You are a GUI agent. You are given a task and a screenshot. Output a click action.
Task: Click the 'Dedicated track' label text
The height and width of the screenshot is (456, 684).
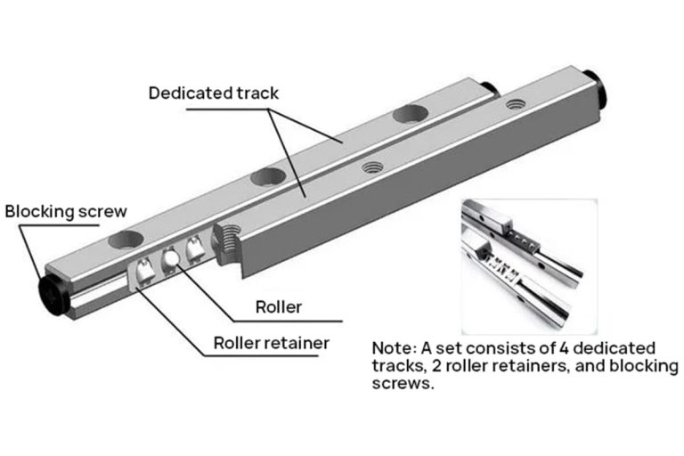click(x=213, y=93)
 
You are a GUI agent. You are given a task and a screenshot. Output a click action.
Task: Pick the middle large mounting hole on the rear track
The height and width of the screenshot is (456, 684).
click(x=266, y=176)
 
